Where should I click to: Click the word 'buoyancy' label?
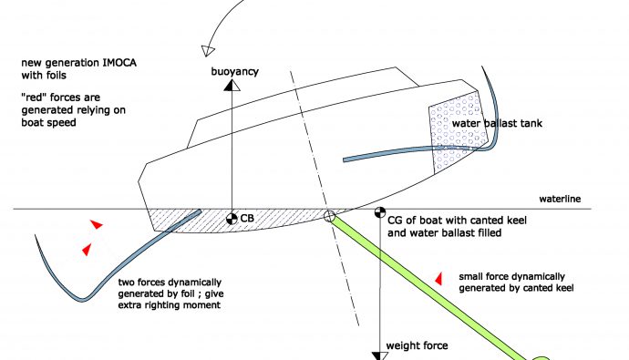[234, 72]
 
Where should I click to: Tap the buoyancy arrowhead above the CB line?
[232, 85]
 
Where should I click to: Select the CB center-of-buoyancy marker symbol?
[232, 219]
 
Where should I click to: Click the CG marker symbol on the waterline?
[380, 212]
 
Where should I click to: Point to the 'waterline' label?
[560, 199]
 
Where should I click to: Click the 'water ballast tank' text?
[497, 123]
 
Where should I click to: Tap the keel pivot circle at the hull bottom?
[329, 217]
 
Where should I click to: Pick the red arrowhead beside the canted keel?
[438, 279]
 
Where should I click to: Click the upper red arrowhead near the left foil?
[97, 224]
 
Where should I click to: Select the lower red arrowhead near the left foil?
[87, 250]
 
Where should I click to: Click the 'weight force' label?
[417, 345]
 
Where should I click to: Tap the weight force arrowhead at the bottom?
[379, 356]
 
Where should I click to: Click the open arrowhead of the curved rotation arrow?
[208, 51]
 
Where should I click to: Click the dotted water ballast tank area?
[458, 131]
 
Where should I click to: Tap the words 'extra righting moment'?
[170, 305]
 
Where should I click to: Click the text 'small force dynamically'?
[512, 277]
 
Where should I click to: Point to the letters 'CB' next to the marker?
[247, 219]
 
